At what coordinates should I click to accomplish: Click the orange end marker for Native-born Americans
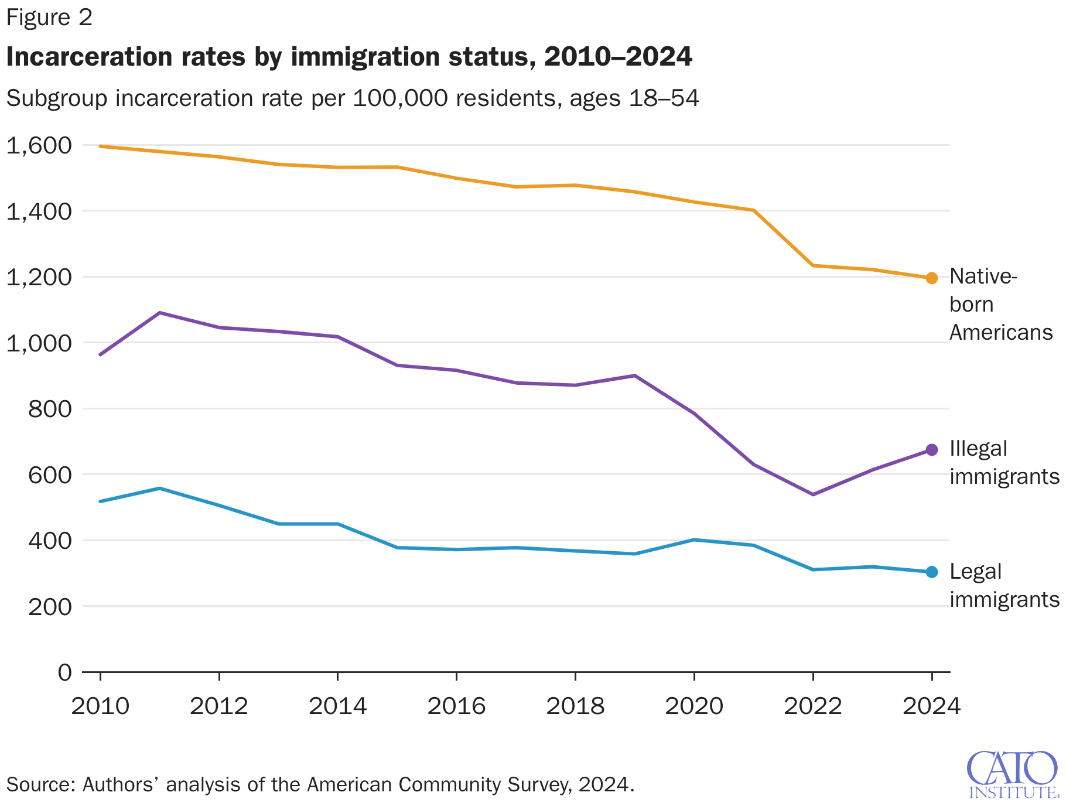click(931, 278)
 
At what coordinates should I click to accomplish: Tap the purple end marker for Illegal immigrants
click(931, 450)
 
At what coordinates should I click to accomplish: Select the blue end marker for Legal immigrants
click(931, 572)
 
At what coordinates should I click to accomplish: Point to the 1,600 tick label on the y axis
click(39, 145)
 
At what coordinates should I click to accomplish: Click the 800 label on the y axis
click(50, 408)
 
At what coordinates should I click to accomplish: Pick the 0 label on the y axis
click(64, 672)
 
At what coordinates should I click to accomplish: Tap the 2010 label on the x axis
click(100, 706)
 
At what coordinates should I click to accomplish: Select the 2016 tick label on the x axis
click(456, 706)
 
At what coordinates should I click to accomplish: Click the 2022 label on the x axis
click(812, 706)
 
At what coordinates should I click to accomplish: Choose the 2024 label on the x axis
click(931, 706)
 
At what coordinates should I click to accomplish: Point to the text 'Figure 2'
click(49, 18)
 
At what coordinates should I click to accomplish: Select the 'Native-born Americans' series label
click(1000, 304)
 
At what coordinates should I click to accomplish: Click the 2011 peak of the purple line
click(160, 313)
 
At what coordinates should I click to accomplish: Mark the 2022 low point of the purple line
click(812, 494)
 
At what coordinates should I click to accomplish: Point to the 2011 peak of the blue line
click(160, 488)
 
